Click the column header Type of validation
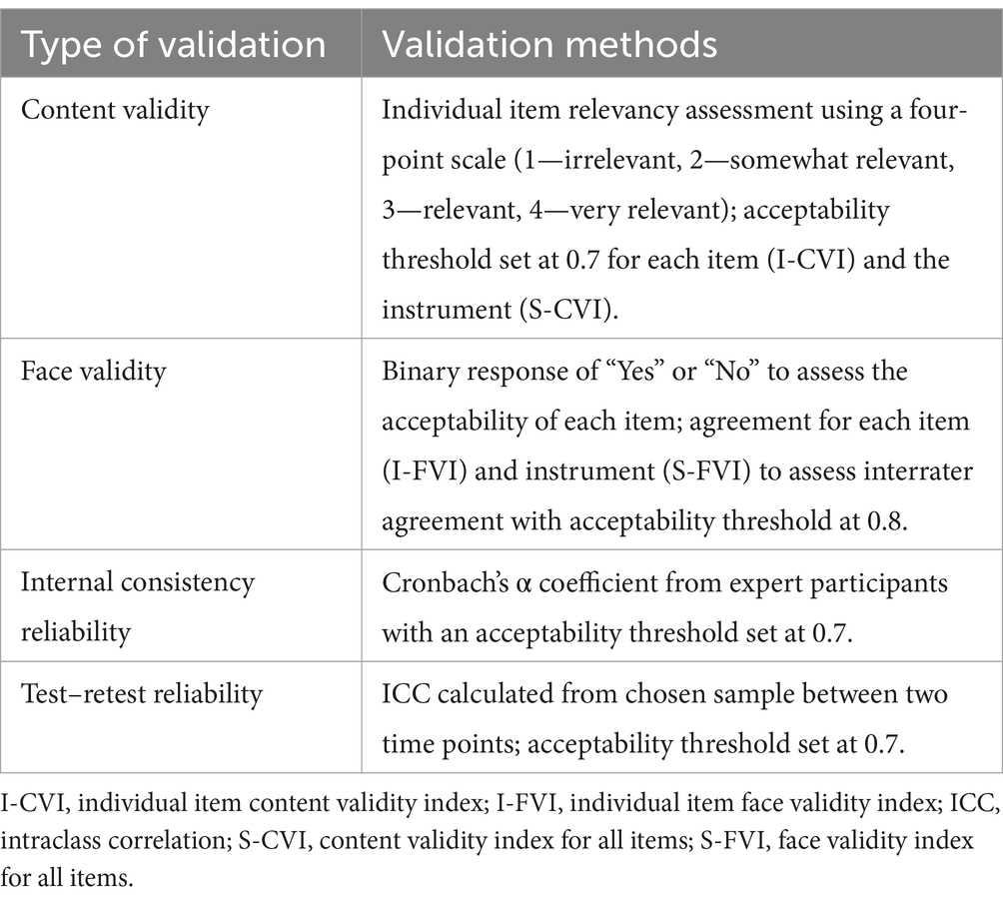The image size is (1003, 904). (x=173, y=45)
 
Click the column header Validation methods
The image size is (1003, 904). (x=549, y=45)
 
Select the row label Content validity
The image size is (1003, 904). (x=115, y=109)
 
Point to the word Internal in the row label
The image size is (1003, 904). (x=65, y=582)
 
